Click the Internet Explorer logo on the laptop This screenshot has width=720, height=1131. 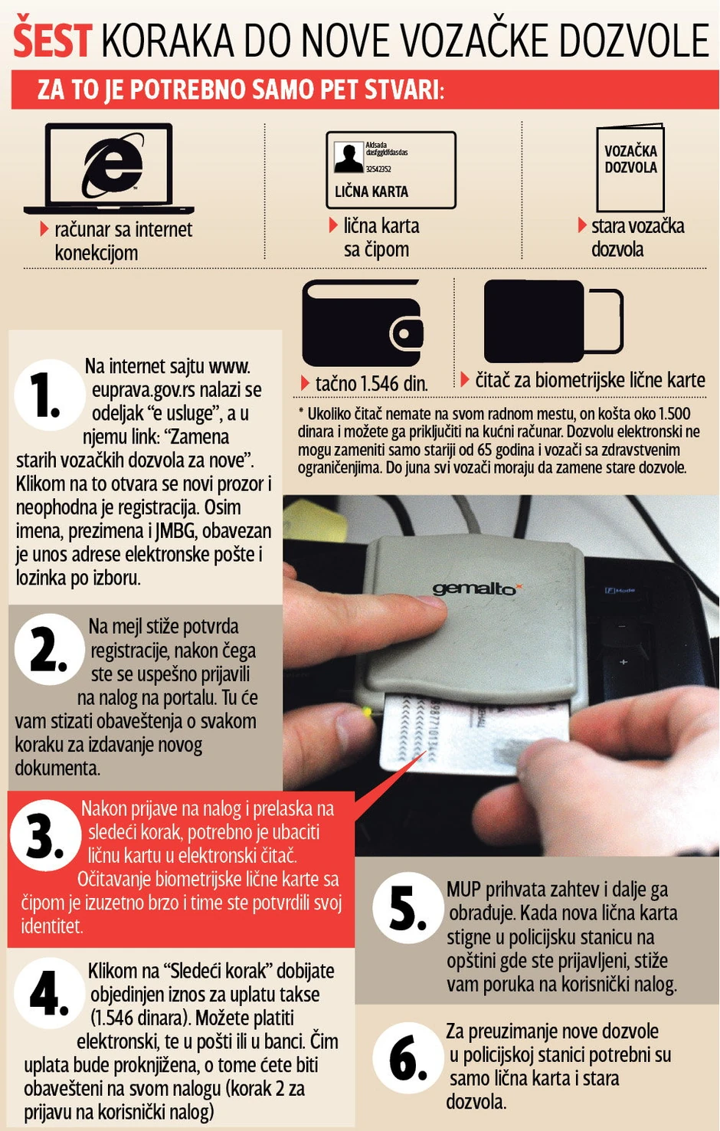(x=113, y=165)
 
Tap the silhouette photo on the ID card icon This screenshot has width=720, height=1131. (x=349, y=157)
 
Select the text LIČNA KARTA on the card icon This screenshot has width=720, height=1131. (x=371, y=192)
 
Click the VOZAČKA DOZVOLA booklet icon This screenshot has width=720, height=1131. (x=630, y=168)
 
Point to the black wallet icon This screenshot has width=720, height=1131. (x=362, y=323)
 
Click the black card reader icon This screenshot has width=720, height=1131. (x=554, y=321)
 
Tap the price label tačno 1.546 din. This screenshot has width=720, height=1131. (x=371, y=384)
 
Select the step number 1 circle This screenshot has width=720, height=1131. (x=50, y=395)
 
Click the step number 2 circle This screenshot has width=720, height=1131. (x=50, y=649)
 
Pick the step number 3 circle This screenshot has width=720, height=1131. (x=45, y=835)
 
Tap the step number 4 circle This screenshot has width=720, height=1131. (x=50, y=992)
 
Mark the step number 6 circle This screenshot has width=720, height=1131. (x=408, y=1058)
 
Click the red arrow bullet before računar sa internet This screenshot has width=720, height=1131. (x=44, y=228)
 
